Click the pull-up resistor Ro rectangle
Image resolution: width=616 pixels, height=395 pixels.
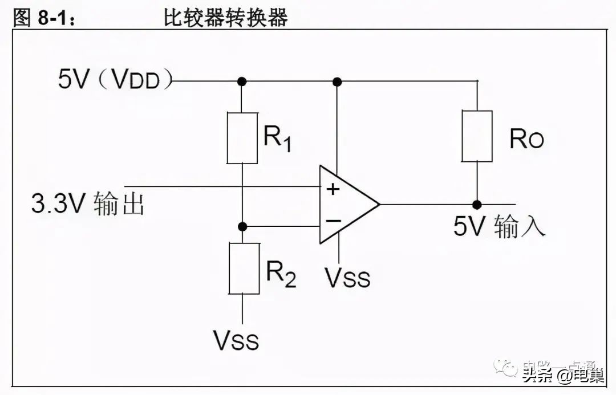[477, 136]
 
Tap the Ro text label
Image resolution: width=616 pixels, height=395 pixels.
[526, 139]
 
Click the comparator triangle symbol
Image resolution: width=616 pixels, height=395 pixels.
[345, 204]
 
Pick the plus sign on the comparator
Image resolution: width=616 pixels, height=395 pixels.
[333, 189]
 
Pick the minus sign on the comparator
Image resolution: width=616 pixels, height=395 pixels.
[333, 221]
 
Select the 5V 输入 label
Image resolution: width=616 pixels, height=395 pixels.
[500, 226]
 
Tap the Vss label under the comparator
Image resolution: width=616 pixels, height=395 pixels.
[347, 278]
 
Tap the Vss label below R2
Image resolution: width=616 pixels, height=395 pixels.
[236, 340]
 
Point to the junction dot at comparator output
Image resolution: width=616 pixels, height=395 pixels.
[477, 204]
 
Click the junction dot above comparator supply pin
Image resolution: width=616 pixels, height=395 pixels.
[337, 82]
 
